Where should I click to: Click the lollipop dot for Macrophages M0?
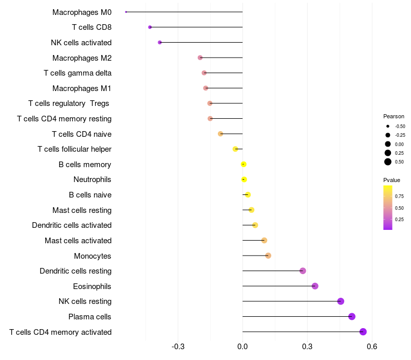click(126, 12)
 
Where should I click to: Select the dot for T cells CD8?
click(150, 27)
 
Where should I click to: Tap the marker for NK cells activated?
click(160, 42)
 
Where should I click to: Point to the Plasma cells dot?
click(352, 316)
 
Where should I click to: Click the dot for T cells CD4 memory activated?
click(363, 332)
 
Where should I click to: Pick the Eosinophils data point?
click(315, 286)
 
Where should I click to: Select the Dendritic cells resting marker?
click(303, 271)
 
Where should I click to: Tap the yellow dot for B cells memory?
click(244, 165)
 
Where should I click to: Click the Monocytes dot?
click(268, 256)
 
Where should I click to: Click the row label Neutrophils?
click(92, 179)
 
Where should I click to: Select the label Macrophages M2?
click(82, 58)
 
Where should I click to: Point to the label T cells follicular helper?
click(74, 149)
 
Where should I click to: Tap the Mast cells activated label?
click(78, 240)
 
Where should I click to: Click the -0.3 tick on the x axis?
click(178, 347)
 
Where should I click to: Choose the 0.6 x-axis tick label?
click(372, 347)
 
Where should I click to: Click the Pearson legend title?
click(394, 116)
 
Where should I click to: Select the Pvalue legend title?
click(391, 180)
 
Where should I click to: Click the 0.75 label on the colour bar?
click(399, 196)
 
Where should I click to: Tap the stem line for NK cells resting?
click(290, 301)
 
